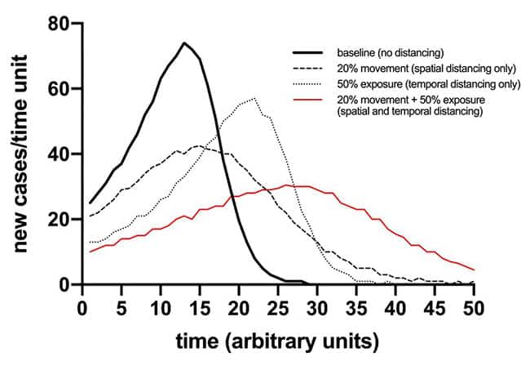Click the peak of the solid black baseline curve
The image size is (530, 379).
click(x=184, y=42)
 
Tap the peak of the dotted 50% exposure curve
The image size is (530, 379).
click(x=254, y=98)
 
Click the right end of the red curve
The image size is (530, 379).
click(x=473, y=270)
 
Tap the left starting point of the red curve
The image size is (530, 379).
click(x=91, y=252)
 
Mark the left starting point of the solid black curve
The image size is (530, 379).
click(x=91, y=203)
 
